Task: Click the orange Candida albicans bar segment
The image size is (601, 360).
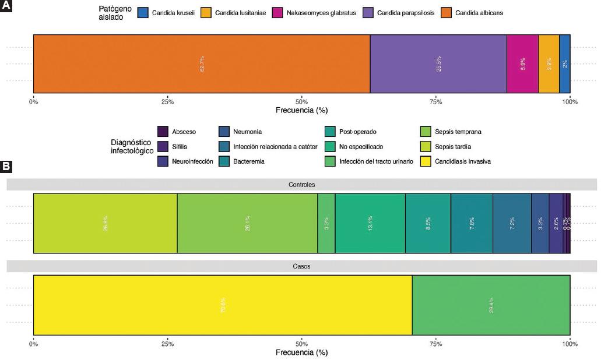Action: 201,63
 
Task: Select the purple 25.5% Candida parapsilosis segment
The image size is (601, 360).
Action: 438,63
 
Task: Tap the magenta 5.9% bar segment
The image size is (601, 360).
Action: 522,63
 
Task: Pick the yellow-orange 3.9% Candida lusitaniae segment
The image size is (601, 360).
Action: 549,63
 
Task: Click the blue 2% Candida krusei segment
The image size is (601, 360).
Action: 564,63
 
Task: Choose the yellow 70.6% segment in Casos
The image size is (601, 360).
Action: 223,305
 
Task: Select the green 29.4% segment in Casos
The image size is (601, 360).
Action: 491,305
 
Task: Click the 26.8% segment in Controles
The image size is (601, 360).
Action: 105,223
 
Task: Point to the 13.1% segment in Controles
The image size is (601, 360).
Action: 370,223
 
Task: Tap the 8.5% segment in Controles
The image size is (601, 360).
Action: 428,223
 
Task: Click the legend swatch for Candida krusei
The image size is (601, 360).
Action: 143,13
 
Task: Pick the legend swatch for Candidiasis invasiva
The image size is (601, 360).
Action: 425,161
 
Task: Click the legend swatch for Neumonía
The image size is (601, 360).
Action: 224,132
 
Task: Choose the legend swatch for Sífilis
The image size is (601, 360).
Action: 163,147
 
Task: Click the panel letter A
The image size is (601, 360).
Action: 6,5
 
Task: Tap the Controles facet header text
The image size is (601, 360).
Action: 301,185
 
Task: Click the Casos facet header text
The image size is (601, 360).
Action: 301,266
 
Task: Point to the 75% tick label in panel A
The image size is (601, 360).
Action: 435,102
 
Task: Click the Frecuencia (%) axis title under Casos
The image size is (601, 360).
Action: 301,352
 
